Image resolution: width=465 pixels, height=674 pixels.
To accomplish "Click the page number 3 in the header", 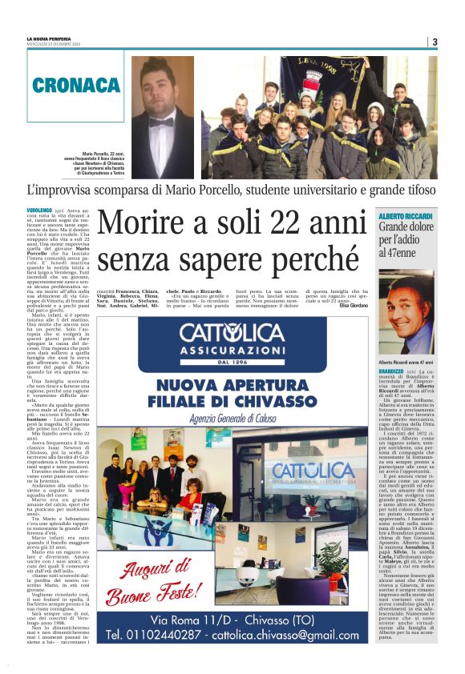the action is (435, 42).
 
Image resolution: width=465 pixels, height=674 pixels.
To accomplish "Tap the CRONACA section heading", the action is (77, 85).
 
